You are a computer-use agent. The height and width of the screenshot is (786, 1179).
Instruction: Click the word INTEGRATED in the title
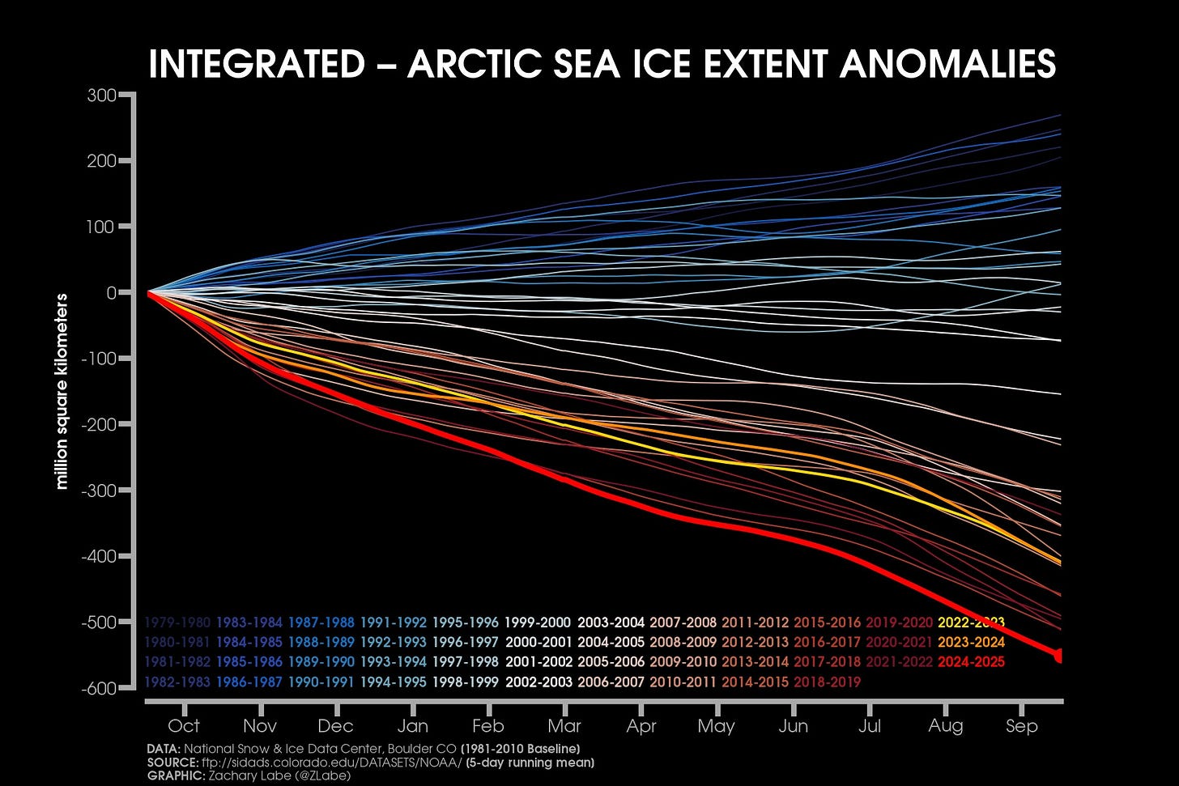coord(257,64)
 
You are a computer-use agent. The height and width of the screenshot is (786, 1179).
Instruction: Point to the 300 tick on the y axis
coord(101,96)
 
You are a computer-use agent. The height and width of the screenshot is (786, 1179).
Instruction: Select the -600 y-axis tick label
coord(99,688)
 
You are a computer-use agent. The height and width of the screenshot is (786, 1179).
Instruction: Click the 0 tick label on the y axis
coord(112,293)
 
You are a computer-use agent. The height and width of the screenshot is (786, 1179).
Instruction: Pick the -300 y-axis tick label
coord(99,491)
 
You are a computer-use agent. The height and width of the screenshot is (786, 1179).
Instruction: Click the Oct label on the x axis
coord(184,726)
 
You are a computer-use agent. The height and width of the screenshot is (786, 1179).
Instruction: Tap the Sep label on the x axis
coord(1021,726)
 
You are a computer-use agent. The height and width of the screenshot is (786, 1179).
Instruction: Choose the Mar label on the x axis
coord(564,726)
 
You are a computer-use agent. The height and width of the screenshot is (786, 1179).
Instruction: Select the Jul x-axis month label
coord(869,726)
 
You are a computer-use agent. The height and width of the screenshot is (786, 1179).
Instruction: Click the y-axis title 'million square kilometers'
coord(62,392)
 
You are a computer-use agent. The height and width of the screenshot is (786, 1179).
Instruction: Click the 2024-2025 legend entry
coord(971,662)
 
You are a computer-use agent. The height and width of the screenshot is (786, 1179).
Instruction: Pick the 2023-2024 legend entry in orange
coord(971,643)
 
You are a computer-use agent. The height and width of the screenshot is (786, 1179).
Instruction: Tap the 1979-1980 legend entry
coord(177,623)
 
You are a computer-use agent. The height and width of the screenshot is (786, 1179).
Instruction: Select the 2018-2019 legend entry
coord(827,682)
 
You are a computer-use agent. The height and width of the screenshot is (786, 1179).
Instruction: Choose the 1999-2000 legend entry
coord(538,623)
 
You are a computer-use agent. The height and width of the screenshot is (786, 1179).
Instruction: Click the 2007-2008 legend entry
coord(683,623)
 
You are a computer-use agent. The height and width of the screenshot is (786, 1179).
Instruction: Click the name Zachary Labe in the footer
coord(240,775)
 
